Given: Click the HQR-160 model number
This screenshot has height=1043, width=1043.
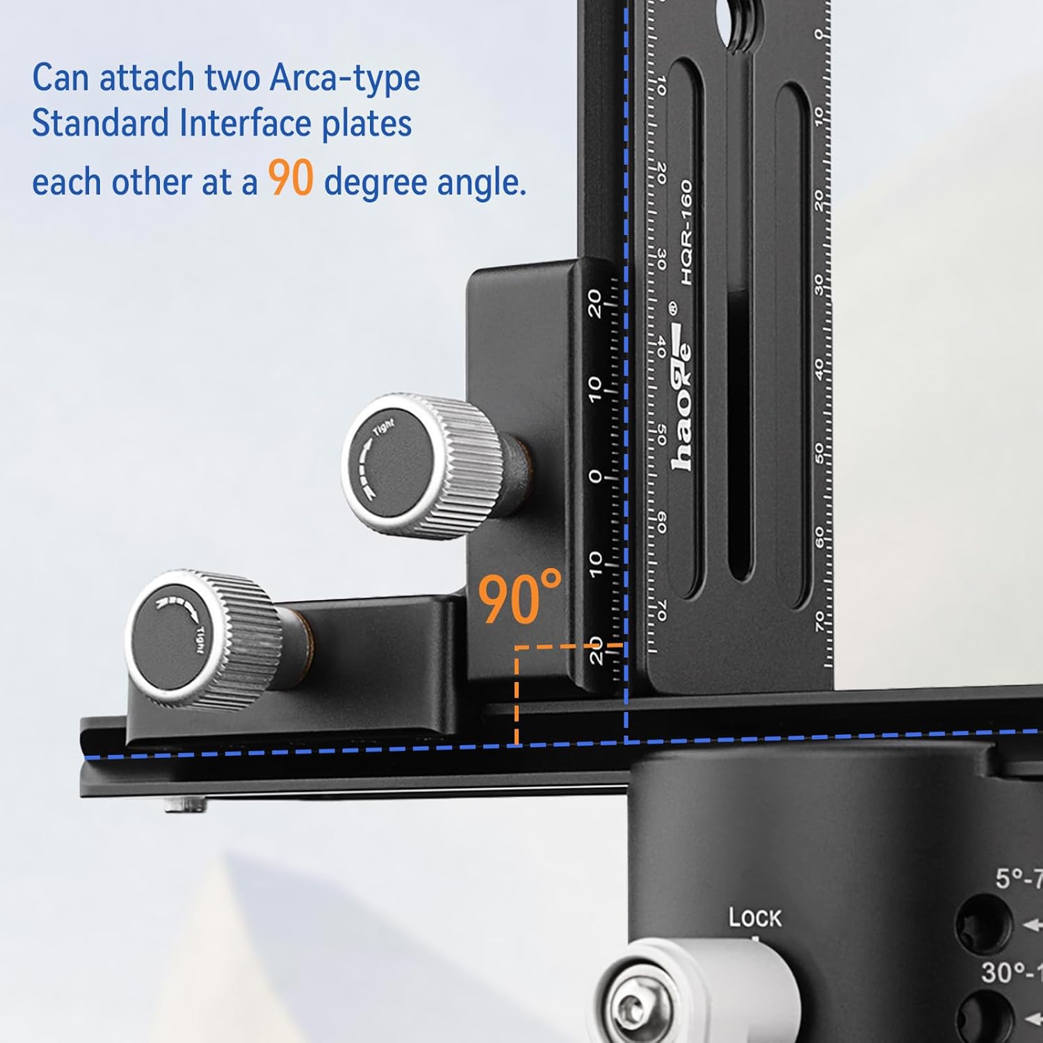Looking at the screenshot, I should [687, 232].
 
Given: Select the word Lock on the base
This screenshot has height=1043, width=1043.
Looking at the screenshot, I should [754, 918].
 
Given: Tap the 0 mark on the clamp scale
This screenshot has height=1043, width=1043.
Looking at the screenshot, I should [595, 476].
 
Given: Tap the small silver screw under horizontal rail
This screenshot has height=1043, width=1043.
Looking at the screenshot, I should [185, 806].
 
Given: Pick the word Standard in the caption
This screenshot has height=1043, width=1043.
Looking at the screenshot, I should [101, 124].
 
